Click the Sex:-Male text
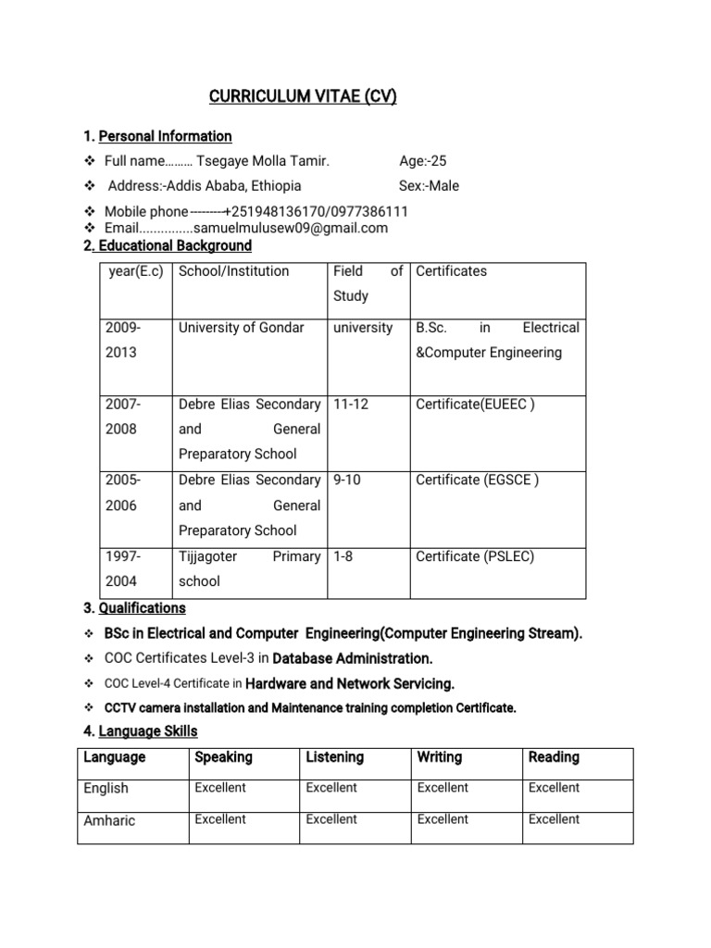click(429, 185)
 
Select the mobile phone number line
click(256, 212)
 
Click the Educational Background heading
click(173, 245)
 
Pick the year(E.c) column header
click(135, 271)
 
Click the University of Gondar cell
click(241, 328)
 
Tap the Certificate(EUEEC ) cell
click(475, 404)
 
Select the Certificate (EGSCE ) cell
click(477, 480)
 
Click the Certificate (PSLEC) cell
click(475, 556)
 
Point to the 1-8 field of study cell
click(343, 556)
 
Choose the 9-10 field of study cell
click(347, 480)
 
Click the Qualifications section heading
click(143, 608)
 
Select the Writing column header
click(440, 757)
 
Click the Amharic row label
click(108, 820)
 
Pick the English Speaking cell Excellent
click(220, 788)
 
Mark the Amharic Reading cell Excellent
click(554, 819)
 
